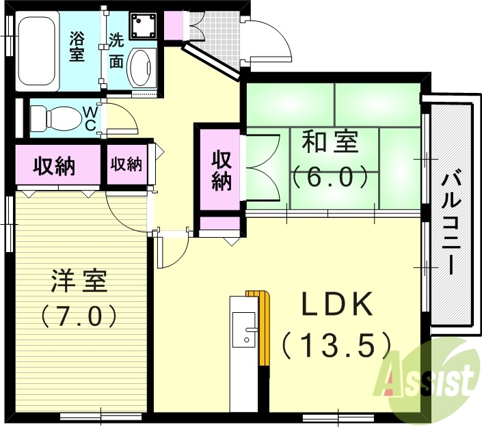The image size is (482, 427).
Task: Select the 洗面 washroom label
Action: (x=116, y=50)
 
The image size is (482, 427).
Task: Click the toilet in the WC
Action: (x=55, y=117)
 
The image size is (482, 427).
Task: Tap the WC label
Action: (x=90, y=118)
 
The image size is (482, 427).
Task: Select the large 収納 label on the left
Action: (x=55, y=165)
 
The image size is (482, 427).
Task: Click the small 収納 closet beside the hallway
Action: (x=126, y=165)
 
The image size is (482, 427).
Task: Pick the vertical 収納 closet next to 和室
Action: (x=220, y=170)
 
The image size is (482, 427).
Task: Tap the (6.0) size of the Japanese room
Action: (x=331, y=178)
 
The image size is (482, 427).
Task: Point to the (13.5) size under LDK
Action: (x=336, y=344)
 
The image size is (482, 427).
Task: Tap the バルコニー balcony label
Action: (x=450, y=223)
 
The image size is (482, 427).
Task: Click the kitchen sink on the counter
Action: (x=243, y=331)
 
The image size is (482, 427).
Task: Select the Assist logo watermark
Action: (x=427, y=377)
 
